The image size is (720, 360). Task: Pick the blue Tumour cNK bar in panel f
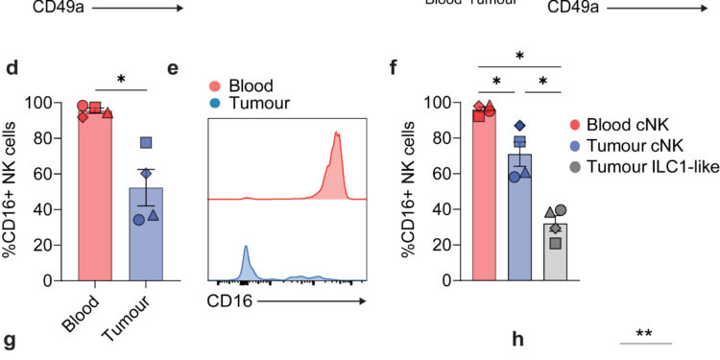click(519, 221)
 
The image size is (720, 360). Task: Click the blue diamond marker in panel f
click(519, 126)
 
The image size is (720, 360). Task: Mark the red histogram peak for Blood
click(337, 134)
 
